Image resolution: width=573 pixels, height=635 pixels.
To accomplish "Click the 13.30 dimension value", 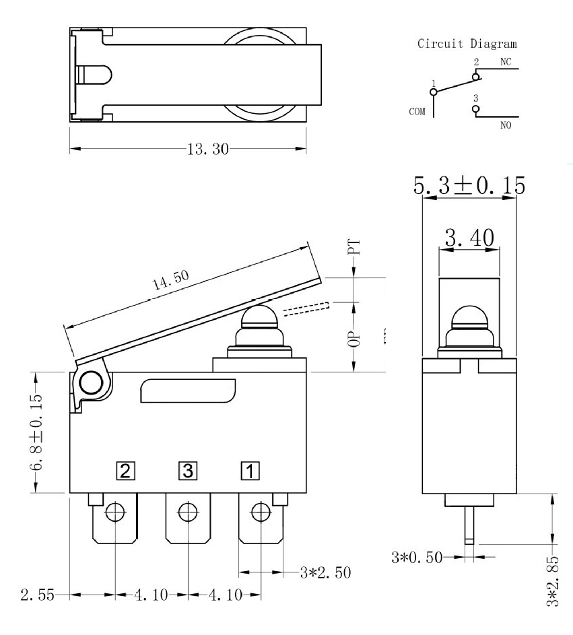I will [207, 149].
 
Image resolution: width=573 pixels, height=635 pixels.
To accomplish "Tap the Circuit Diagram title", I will [467, 45].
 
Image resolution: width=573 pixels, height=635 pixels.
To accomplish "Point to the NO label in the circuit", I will [506, 124].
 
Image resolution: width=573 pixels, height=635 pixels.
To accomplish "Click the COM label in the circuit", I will [417, 111].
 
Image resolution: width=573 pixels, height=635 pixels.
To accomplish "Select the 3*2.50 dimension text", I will [325, 572].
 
